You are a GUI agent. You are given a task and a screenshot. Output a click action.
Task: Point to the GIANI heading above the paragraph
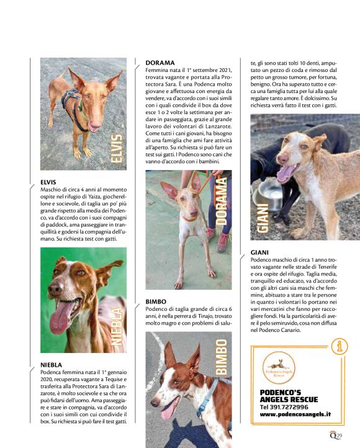point(259,253)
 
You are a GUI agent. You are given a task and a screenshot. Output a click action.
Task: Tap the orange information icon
point(339,347)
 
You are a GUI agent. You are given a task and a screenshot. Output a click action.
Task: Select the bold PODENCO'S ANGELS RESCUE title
point(290,395)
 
